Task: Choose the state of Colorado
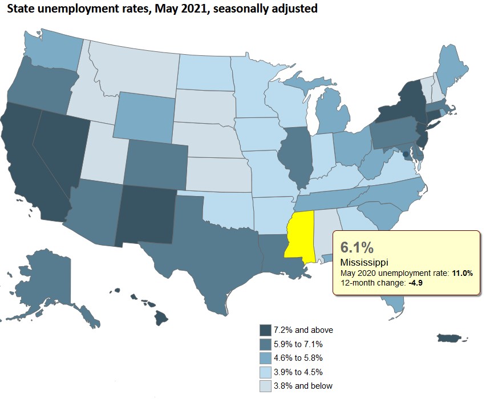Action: pos(155,164)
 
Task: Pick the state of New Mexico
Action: pos(145,214)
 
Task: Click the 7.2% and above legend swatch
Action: pos(265,330)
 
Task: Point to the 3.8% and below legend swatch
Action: pos(265,386)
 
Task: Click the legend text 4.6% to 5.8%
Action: pos(299,358)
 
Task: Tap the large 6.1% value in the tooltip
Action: pos(357,247)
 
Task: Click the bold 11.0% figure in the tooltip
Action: pos(461,274)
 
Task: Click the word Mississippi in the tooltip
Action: pos(364,262)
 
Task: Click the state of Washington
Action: pos(54,54)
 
